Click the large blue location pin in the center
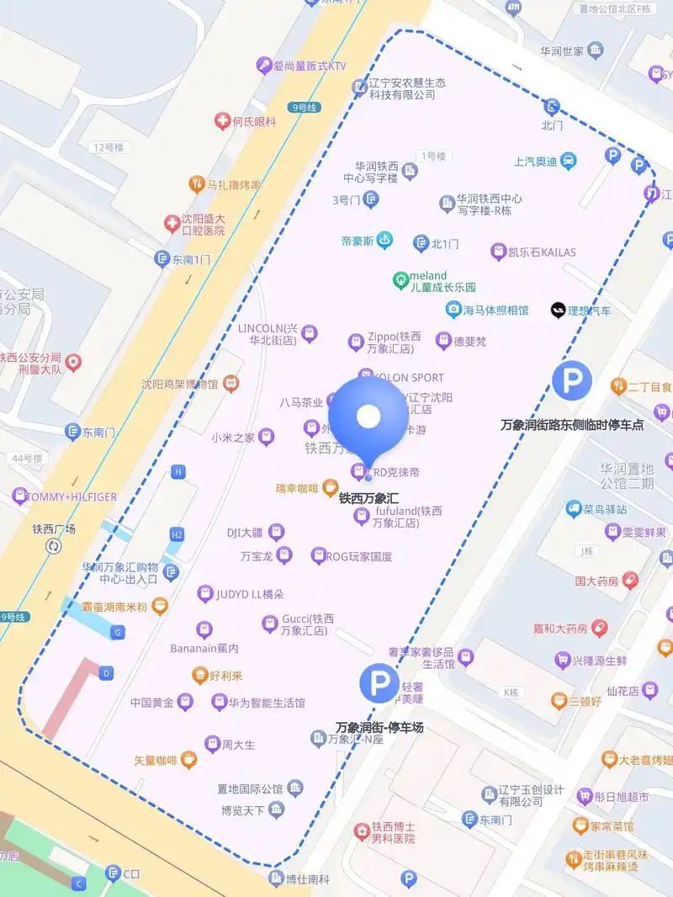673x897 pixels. [368, 417]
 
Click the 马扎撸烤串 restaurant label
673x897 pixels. [233, 184]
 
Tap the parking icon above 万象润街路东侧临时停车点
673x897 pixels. [572, 382]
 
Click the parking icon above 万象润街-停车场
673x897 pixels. [379, 682]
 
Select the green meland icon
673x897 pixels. [401, 279]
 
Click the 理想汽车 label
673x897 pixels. [589, 310]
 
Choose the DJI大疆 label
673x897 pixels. [245, 532]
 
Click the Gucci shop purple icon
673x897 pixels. [270, 624]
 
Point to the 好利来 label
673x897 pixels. [226, 675]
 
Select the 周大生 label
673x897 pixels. [238, 745]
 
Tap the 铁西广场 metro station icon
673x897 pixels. [54, 546]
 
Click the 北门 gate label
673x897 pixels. [552, 125]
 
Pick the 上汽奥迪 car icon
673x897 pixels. [569, 160]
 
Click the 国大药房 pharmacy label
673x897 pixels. [596, 581]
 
